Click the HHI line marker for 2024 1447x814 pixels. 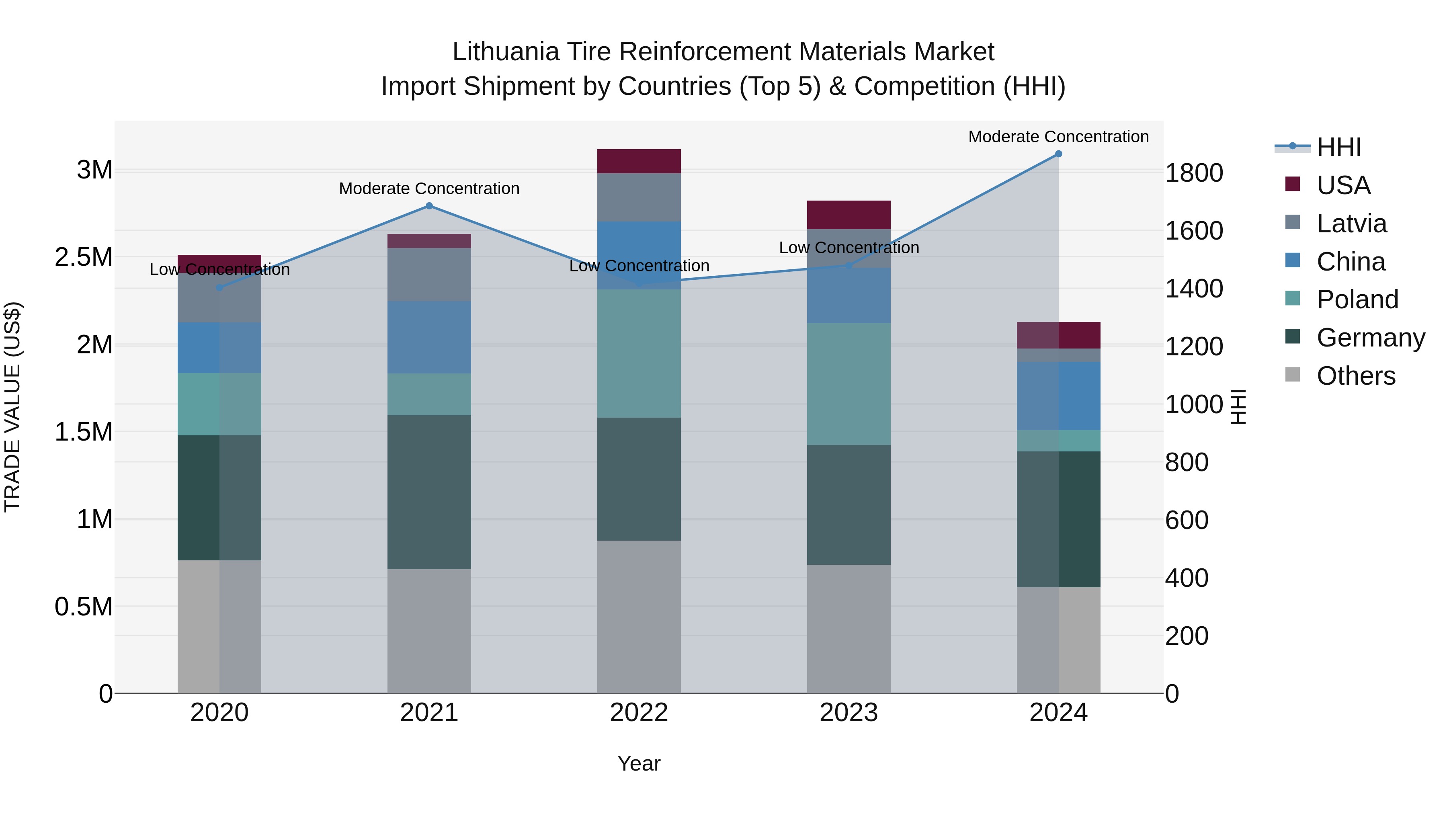click(x=1058, y=154)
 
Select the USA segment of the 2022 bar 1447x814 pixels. click(x=639, y=161)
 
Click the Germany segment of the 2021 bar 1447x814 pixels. click(x=429, y=492)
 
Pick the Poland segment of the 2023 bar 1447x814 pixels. click(x=849, y=384)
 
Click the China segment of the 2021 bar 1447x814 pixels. click(x=429, y=337)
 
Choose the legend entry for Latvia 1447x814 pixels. click(x=1351, y=223)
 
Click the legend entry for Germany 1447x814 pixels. click(x=1370, y=338)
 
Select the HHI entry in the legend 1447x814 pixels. click(x=1338, y=147)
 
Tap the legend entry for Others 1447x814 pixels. click(x=1355, y=376)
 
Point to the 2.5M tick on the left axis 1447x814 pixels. click(x=84, y=257)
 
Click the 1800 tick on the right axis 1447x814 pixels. click(x=1194, y=172)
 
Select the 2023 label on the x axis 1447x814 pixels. click(x=849, y=713)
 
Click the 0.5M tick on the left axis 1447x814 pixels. click(x=84, y=607)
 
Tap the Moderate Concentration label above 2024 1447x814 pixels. click(x=1058, y=137)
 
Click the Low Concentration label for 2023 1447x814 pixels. click(x=849, y=248)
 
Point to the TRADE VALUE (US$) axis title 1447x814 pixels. click(x=12, y=407)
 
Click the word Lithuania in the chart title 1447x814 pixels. click(x=506, y=52)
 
